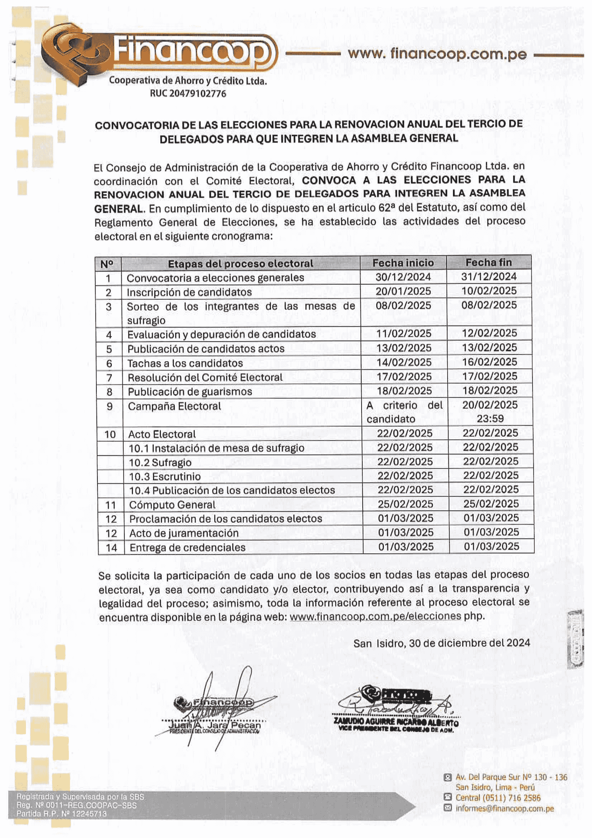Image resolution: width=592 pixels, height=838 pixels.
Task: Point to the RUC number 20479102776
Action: coord(188,94)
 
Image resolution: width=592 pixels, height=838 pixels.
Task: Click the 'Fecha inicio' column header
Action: coord(403,263)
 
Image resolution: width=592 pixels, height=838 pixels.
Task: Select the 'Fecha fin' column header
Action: coord(488,262)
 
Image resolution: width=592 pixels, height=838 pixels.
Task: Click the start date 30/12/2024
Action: coord(403,277)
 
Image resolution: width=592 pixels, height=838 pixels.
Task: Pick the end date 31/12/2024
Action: coord(489,277)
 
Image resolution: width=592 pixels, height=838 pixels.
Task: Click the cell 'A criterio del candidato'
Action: coord(404,412)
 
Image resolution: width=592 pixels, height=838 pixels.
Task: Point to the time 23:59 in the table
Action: coord(490,418)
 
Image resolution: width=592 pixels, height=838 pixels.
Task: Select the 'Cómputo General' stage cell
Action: coord(172,505)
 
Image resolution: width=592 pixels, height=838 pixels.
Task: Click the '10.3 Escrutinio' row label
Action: coord(165,476)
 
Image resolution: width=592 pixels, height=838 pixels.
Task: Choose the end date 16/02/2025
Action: coord(489,362)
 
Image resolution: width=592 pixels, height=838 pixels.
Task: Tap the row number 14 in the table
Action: coord(111,548)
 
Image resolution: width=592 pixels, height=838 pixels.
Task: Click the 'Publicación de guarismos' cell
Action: coord(190,392)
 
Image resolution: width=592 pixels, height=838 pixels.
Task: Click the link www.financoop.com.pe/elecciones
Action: coord(375,616)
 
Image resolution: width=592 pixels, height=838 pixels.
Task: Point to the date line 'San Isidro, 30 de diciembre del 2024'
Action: coord(441,643)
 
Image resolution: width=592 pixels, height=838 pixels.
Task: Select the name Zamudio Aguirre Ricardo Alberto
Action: coord(396,722)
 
